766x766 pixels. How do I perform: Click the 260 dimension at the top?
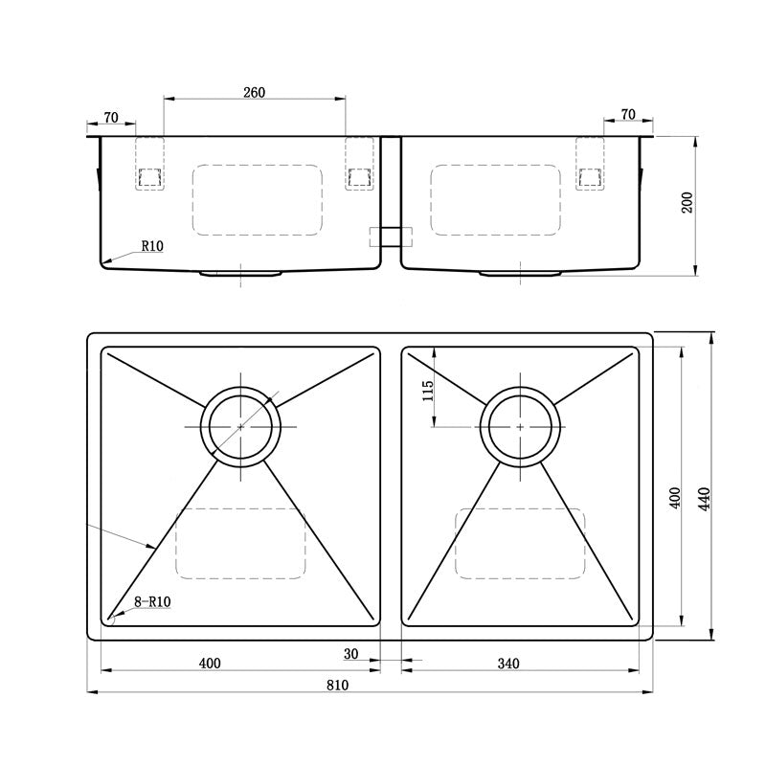[x=254, y=93]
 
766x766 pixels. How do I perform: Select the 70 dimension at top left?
[x=110, y=117]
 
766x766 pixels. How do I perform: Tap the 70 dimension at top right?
[x=628, y=115]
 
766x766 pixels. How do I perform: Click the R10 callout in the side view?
[x=152, y=246]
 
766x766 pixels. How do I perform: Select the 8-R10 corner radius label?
[x=152, y=602]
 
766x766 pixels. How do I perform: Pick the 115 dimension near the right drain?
[x=428, y=390]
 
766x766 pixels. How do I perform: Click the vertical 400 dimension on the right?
[x=675, y=498]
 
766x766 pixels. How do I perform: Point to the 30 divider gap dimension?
[x=350, y=655]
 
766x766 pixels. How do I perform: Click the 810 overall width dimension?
[x=336, y=685]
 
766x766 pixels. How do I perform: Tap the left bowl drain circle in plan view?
[x=240, y=426]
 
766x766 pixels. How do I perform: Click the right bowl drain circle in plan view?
[x=520, y=426]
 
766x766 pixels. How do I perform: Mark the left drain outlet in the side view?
[x=240, y=274]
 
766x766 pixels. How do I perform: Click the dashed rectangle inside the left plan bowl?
[x=240, y=543]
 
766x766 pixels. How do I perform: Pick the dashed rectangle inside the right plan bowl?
[x=520, y=543]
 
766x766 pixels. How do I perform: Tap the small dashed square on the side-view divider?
[x=391, y=237]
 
